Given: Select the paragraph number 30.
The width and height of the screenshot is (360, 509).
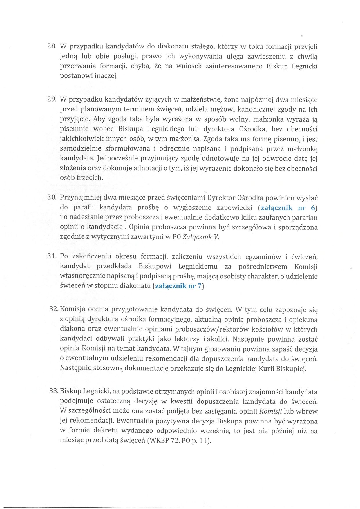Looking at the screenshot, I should (x=51, y=198).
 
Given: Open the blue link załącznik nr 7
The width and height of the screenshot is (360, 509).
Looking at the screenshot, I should (x=178, y=286).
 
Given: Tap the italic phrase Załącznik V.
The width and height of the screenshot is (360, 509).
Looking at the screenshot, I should (x=201, y=237).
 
